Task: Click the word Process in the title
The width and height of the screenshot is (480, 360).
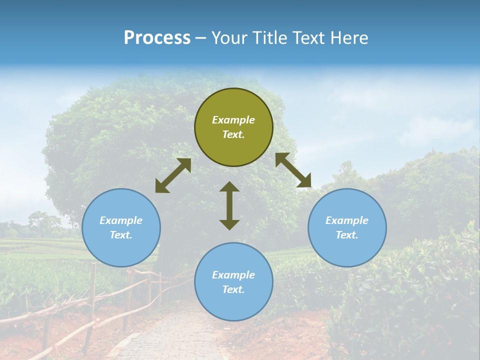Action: pyautogui.click(x=157, y=38)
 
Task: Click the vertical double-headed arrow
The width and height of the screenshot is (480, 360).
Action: pyautogui.click(x=229, y=205)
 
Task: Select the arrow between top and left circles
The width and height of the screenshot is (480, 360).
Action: pyautogui.click(x=173, y=175)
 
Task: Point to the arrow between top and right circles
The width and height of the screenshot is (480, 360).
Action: pyautogui.click(x=293, y=170)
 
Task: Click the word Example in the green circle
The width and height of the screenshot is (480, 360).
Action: pyautogui.click(x=233, y=120)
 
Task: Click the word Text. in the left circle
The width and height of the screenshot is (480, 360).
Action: pyautogui.click(x=121, y=235)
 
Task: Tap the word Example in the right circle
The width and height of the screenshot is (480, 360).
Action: pyautogui.click(x=347, y=220)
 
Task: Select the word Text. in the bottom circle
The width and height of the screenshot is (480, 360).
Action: pyautogui.click(x=233, y=289)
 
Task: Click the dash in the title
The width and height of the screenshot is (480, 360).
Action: pyautogui.click(x=201, y=38)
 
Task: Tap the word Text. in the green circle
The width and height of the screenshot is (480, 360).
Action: pyautogui.click(x=233, y=134)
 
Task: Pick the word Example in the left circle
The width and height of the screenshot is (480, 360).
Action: pyautogui.click(x=121, y=220)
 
